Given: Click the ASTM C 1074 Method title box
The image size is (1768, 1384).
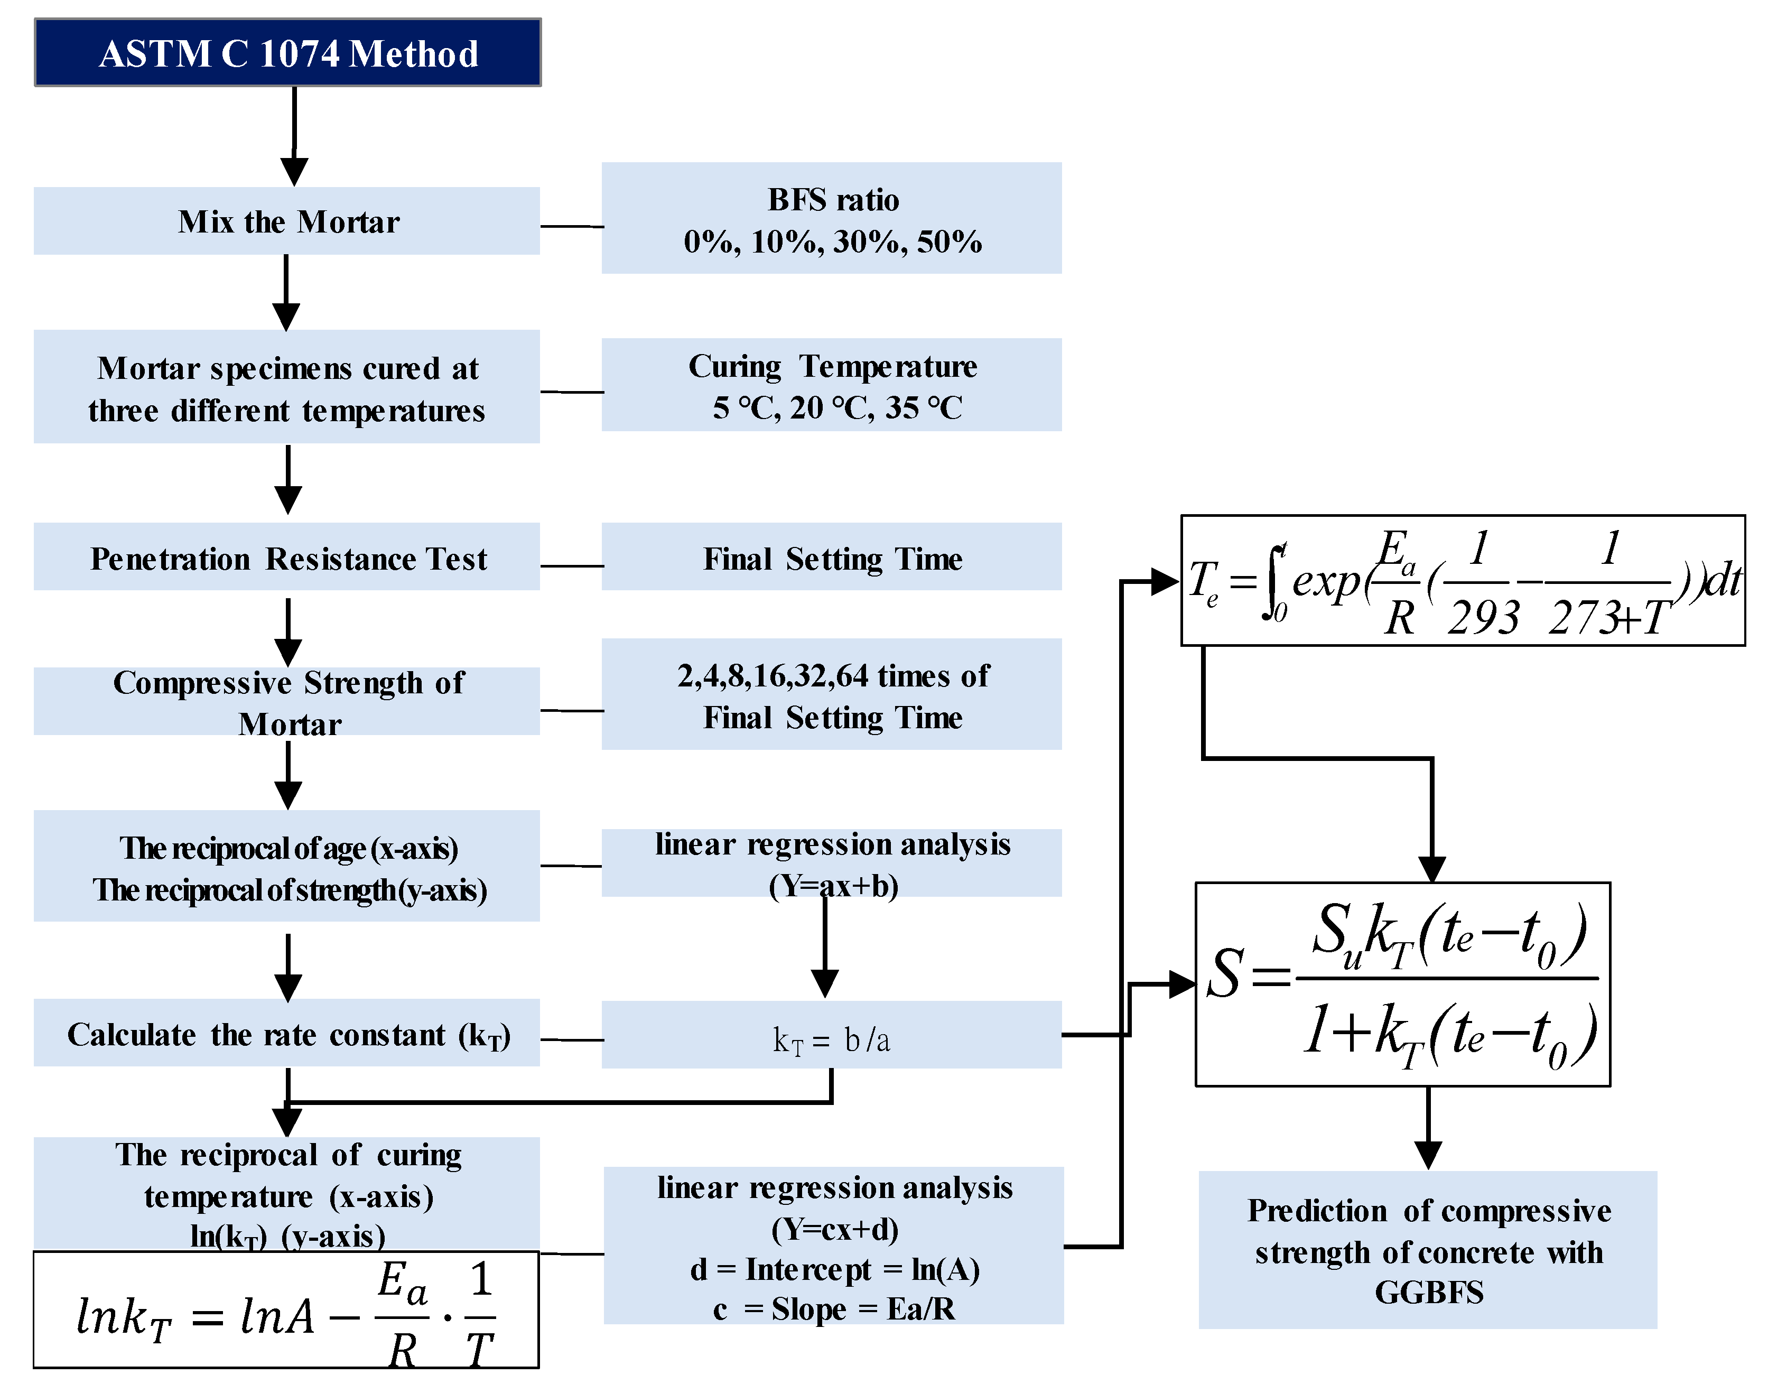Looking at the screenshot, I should [x=287, y=53].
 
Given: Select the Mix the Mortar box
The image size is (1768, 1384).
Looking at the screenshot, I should [x=287, y=221].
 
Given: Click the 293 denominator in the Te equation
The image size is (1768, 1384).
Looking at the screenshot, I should [x=1483, y=618].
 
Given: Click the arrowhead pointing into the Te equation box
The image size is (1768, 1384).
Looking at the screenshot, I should [x=1165, y=581].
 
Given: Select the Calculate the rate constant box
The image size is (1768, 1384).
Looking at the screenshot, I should [x=287, y=1034].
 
